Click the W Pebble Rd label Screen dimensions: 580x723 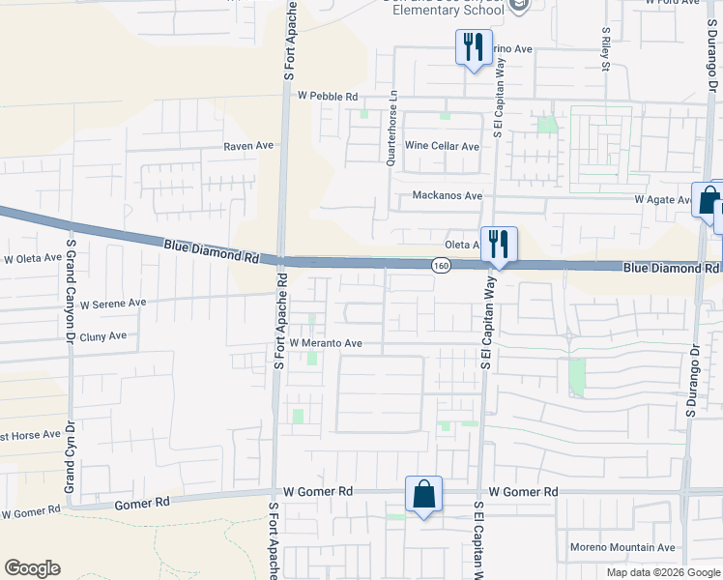click(328, 97)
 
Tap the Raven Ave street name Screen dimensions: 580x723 click(249, 146)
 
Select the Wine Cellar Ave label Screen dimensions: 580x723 click(442, 147)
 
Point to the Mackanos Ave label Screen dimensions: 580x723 click(447, 195)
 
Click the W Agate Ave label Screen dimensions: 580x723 click(662, 199)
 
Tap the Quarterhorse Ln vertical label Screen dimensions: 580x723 click(392, 130)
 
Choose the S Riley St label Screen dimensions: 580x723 click(606, 50)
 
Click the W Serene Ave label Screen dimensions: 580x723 click(113, 303)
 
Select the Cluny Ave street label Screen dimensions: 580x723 click(103, 336)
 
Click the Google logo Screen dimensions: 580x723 click(32, 568)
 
